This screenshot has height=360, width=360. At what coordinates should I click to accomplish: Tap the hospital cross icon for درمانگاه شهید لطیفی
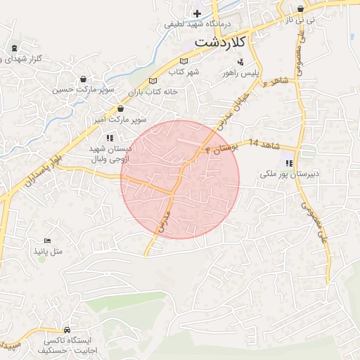point(197,13)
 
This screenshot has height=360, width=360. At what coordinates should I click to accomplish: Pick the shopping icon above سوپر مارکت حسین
point(84,79)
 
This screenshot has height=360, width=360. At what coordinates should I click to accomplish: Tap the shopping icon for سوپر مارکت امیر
point(120,109)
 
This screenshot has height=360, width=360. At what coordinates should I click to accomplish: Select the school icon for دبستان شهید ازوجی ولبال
point(109,138)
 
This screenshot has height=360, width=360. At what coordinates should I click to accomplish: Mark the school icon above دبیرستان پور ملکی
point(289,162)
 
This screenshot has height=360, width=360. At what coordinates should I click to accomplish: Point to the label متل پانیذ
point(48,251)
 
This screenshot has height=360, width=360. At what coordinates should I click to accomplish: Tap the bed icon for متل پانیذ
point(48,240)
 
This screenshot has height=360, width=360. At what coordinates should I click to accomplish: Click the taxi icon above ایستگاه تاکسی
point(67,329)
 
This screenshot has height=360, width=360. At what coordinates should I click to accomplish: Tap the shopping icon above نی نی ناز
point(301,9)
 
